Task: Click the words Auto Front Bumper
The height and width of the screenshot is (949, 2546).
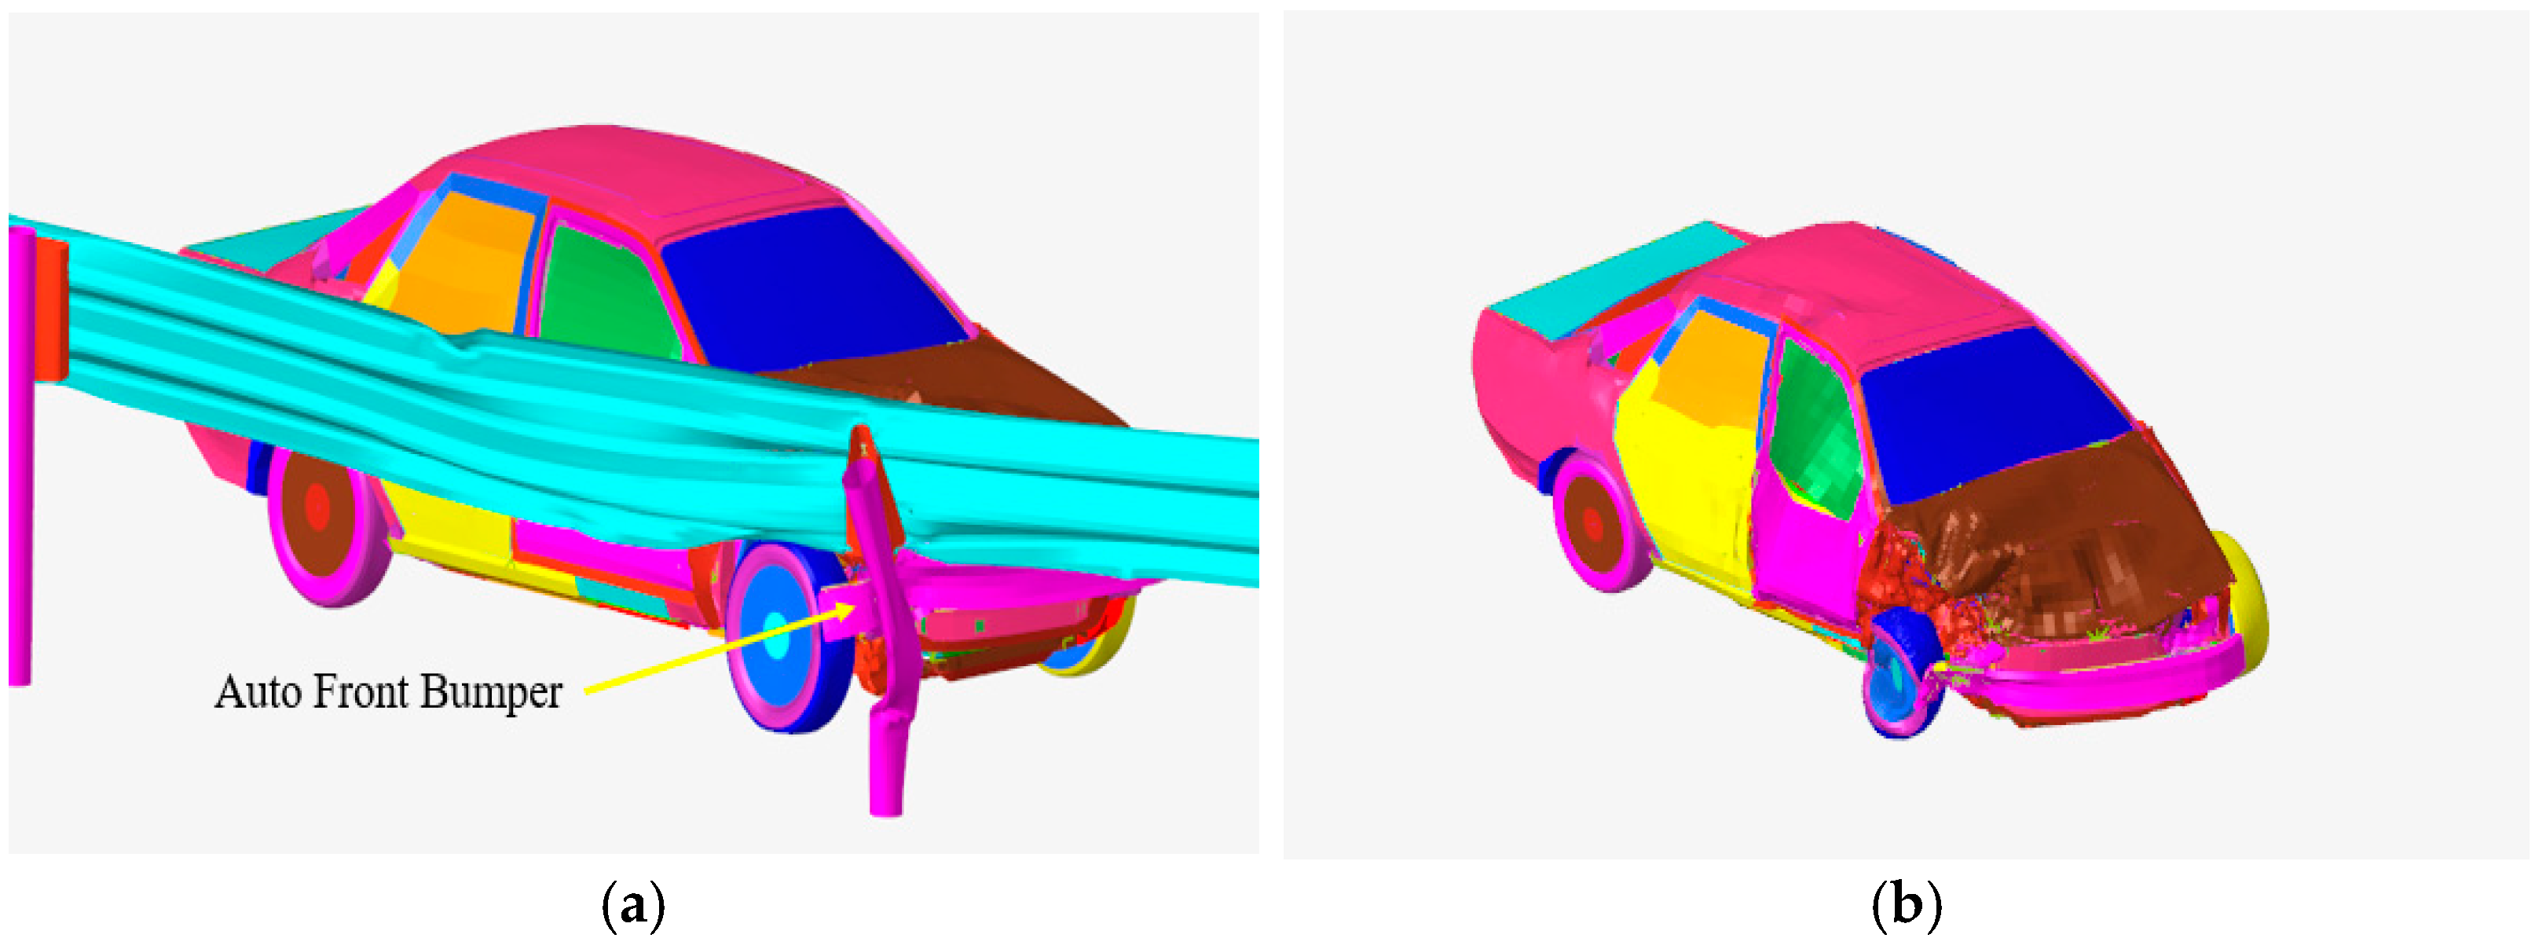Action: (388, 691)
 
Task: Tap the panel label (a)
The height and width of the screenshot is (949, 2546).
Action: (633, 904)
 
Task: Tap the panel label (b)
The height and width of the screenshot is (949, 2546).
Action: (1907, 904)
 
